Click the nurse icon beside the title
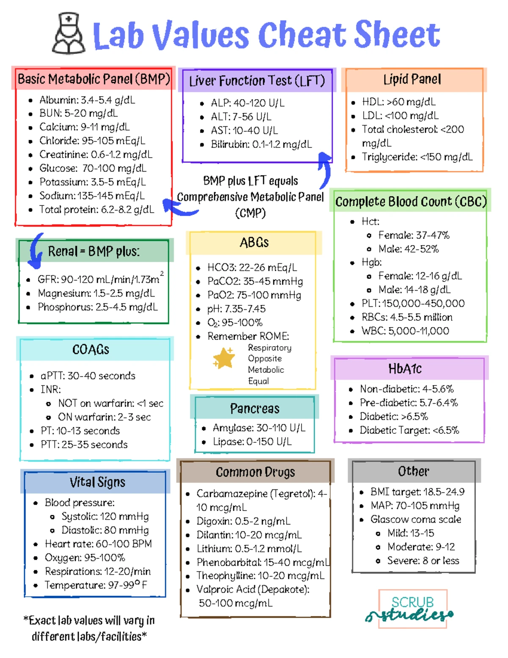[69, 33]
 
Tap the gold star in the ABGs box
[224, 358]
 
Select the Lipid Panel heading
[412, 79]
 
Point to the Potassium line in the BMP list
[93, 182]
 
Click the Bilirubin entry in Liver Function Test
[262, 144]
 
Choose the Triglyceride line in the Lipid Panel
[417, 157]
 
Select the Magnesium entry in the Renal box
[96, 293]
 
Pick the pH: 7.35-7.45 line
[236, 309]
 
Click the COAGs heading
[91, 350]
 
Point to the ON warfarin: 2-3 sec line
[105, 417]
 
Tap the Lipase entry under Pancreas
[252, 441]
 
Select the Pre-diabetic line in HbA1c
[409, 403]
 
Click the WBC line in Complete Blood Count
[405, 331]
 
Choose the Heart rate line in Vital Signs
[98, 544]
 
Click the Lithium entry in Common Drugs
[249, 549]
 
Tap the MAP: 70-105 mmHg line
[415, 505]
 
